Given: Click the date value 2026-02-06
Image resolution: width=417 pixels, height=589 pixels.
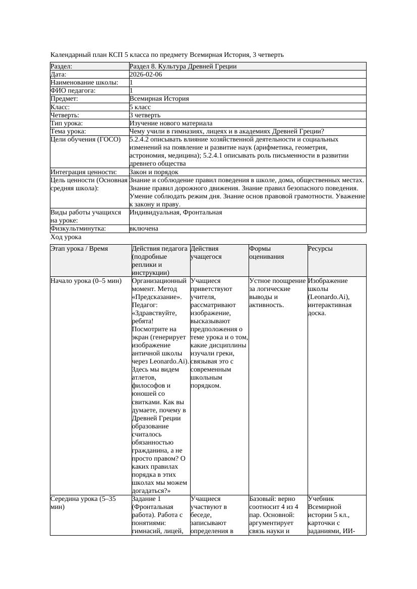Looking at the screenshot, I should click(146, 75).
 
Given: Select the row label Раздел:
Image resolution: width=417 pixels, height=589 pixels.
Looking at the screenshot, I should click(62, 66).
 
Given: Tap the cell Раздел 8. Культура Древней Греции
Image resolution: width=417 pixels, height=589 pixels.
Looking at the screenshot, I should click(183, 66).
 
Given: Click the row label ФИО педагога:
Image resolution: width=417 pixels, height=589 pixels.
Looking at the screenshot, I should click(73, 91).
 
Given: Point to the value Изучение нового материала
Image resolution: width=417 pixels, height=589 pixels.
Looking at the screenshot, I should click(171, 123).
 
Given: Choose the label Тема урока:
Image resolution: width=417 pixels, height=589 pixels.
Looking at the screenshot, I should click(70, 131).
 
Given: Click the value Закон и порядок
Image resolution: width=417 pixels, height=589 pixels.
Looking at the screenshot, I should click(154, 172).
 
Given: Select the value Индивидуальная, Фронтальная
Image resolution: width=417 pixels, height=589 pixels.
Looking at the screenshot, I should click(175, 212).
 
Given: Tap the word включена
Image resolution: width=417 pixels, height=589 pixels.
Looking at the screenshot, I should click(144, 229).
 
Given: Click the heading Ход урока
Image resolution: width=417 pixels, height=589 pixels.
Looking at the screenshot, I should click(66, 237).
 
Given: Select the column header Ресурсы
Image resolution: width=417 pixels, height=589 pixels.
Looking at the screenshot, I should click(320, 249).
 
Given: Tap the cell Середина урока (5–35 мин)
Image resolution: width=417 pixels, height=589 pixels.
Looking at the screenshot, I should click(83, 502).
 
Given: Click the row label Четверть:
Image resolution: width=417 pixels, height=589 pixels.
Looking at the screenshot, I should click(65, 115).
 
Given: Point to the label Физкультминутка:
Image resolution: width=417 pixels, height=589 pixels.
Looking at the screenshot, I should click(78, 229).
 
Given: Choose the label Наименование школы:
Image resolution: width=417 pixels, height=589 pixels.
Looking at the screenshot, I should click(84, 83).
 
